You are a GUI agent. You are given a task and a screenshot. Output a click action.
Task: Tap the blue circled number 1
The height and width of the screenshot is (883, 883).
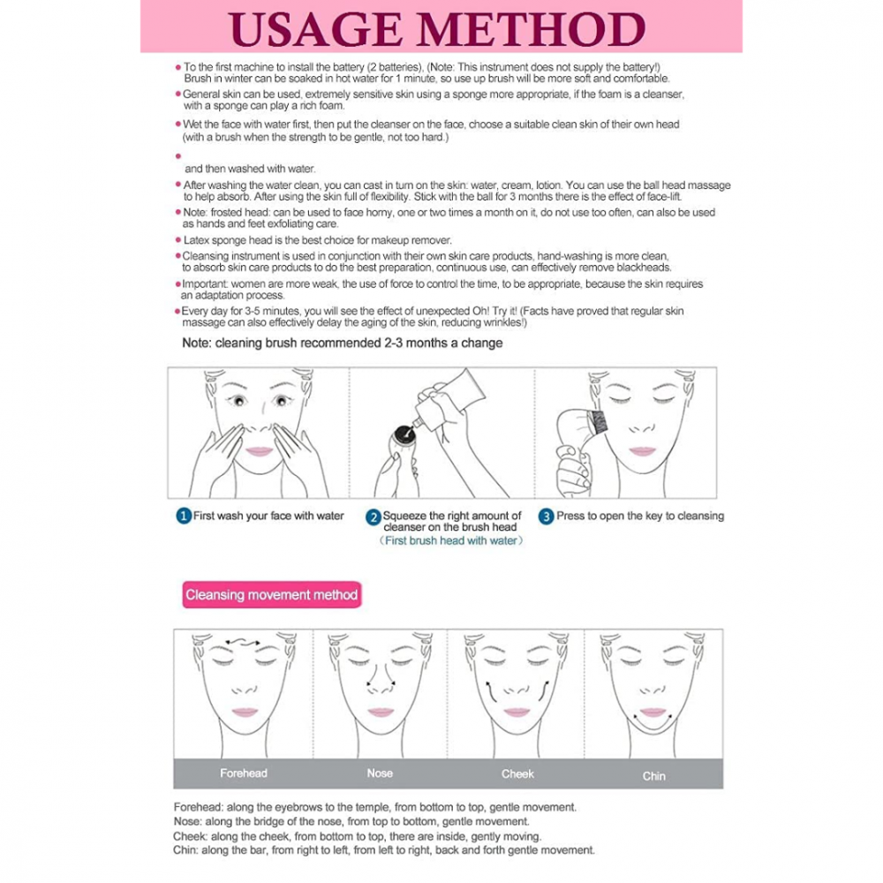tap(184, 517)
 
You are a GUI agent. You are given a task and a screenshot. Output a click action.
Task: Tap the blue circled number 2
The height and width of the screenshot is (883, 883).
tap(374, 517)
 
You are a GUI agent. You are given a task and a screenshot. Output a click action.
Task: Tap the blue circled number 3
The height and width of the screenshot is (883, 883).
tap(546, 517)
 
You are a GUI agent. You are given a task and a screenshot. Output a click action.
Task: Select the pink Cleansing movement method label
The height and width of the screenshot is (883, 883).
tap(272, 595)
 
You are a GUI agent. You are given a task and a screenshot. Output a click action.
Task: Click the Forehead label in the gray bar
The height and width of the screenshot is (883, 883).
tap(243, 774)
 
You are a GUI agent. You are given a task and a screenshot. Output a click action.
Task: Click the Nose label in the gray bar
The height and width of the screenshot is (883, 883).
tap(380, 774)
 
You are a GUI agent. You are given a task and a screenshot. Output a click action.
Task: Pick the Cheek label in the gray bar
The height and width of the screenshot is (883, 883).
tap(517, 774)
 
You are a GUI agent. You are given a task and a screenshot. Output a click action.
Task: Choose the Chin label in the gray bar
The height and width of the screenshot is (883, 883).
tap(654, 775)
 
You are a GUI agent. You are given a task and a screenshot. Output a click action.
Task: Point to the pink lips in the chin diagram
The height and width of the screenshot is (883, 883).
tap(653, 713)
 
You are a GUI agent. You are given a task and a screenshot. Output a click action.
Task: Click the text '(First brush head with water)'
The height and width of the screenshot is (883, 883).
tap(450, 540)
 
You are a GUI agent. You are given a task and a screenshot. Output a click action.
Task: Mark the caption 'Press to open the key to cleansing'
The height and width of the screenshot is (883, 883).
tap(639, 517)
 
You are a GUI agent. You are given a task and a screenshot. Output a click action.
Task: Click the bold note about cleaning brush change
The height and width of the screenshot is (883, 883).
tap(342, 343)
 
